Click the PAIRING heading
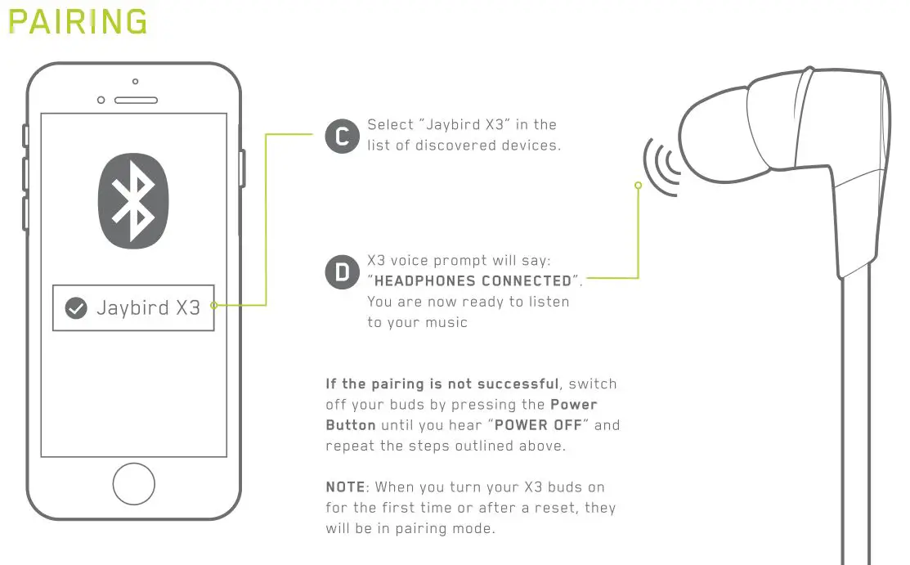pyautogui.click(x=78, y=22)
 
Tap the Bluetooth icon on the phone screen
pyautogui.click(x=133, y=201)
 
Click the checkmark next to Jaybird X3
pyautogui.click(x=76, y=307)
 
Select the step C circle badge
pyautogui.click(x=343, y=136)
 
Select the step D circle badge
pyautogui.click(x=343, y=271)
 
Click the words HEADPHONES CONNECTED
pyautogui.click(x=473, y=281)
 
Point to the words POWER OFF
pyautogui.click(x=538, y=425)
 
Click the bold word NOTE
pyautogui.click(x=345, y=487)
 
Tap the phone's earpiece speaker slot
pyautogui.click(x=136, y=101)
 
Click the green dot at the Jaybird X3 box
pyautogui.click(x=214, y=305)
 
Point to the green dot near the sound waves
pyautogui.click(x=639, y=186)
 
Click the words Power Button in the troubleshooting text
pyautogui.click(x=461, y=415)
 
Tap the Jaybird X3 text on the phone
pyautogui.click(x=149, y=307)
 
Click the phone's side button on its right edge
pyautogui.click(x=242, y=168)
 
